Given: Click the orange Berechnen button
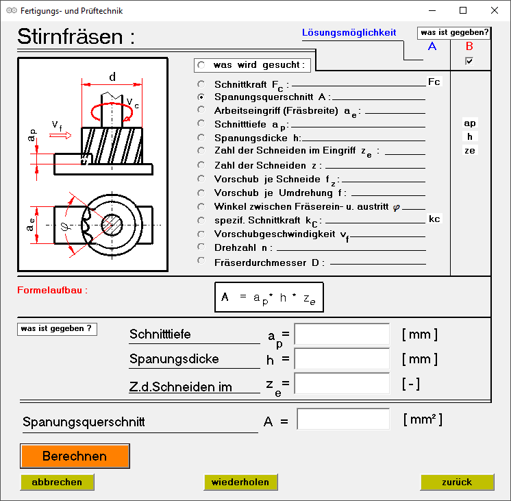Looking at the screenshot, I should point(75,456).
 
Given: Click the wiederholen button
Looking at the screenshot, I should point(240,482).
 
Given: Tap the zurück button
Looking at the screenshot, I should point(457,482).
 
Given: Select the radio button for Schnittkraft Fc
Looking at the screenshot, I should point(201,84).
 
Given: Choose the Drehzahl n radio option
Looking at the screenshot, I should point(201,247).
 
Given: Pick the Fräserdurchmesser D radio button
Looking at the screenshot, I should point(201,260).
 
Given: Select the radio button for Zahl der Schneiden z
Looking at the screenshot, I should point(201,164).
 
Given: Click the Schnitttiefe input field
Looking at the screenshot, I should point(342,334).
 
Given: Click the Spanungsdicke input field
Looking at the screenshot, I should point(342,358).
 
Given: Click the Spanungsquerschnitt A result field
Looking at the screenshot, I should point(343,419).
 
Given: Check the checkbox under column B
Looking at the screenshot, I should point(469,61).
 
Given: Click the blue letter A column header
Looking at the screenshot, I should point(432,47).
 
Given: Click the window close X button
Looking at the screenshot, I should point(495,11).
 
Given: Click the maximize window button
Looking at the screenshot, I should point(463,11).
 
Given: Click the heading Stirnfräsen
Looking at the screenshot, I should point(75,37).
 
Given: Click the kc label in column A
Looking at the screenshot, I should point(434,219).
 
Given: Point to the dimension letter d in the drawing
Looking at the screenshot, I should point(112,76).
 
